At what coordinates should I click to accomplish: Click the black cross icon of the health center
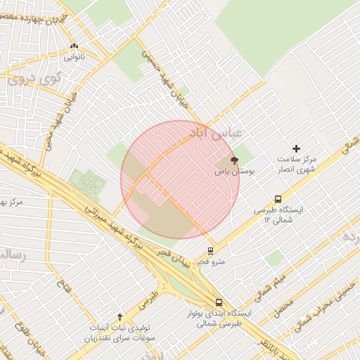[x=296, y=148]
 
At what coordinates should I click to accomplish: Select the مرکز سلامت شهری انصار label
[x=295, y=164]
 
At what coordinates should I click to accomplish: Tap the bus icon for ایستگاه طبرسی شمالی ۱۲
[x=278, y=199]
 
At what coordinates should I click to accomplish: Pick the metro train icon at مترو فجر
[x=210, y=250]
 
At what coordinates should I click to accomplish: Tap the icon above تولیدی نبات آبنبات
[x=120, y=317]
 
